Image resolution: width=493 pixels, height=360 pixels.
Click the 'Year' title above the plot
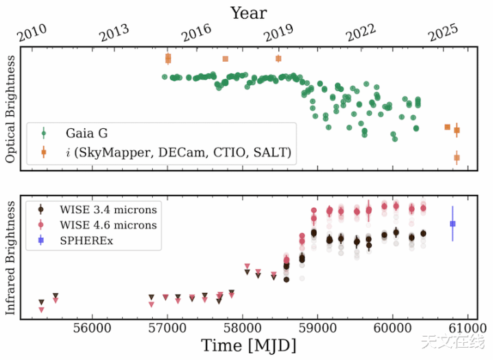[248, 12]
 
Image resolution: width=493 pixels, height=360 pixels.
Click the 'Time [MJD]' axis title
[248, 345]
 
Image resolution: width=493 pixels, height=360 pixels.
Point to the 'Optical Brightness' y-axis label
[10, 110]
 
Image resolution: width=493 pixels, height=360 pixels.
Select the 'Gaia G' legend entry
[87, 133]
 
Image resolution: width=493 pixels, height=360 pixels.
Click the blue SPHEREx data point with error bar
[452, 224]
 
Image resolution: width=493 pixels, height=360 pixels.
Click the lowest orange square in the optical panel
[457, 158]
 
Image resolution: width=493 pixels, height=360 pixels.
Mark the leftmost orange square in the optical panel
[168, 58]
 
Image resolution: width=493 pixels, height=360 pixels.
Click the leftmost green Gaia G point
[165, 77]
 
